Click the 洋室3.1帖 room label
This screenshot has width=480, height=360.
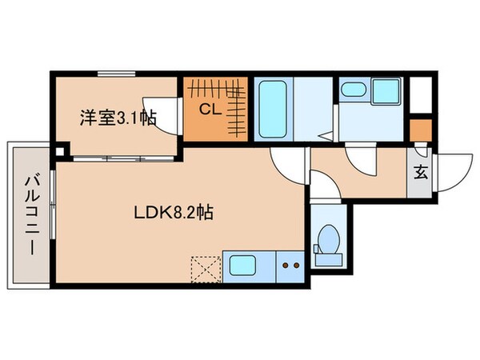point(117,118)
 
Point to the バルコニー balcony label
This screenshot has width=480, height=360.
point(30,214)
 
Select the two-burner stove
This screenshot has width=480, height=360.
point(289,263)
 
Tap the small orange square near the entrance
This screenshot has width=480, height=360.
point(419,128)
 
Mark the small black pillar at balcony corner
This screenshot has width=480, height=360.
point(58,148)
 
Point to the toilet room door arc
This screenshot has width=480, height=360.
point(323,191)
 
